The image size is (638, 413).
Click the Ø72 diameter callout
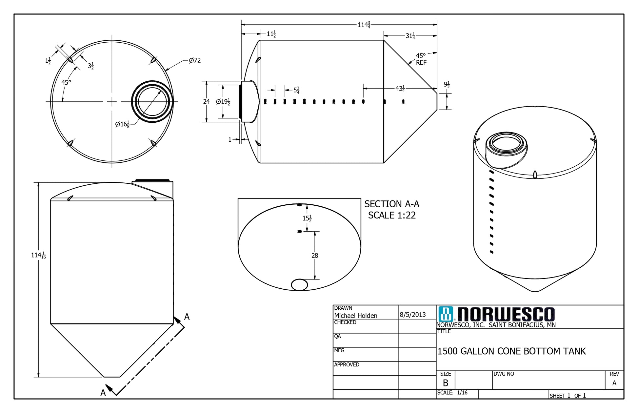tap(195, 60)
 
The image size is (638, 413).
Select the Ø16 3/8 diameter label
tap(122, 124)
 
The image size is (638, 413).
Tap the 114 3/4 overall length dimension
tap(364, 25)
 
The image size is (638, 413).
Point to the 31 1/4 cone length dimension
tap(410, 36)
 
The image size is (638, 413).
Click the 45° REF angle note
tap(421, 59)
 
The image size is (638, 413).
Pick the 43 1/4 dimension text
tap(400, 89)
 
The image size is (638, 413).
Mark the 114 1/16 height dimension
tap(39, 255)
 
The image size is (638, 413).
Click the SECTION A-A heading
tap(392, 204)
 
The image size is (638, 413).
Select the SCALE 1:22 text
tap(392, 216)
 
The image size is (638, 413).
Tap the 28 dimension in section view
tap(315, 256)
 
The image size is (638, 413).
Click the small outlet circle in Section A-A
tap(299, 285)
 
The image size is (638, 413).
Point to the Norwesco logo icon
tap(446, 314)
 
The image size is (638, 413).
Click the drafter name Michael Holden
tap(356, 316)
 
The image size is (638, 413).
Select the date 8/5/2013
tap(413, 315)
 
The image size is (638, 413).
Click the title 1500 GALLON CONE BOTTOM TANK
tap(511, 351)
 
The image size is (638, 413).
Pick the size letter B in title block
tap(446, 383)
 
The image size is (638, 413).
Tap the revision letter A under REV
tap(614, 383)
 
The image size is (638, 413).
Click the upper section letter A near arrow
tap(187, 317)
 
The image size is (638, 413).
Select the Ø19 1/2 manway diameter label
tap(223, 102)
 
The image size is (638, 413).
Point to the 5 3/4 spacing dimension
tap(296, 90)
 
